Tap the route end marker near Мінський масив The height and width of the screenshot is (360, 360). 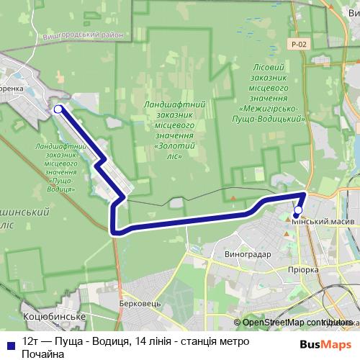pos(298,211)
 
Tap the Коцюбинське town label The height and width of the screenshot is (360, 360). pos(55,317)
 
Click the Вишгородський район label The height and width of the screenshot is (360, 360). pos(89,34)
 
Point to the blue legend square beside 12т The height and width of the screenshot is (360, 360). pos(10,341)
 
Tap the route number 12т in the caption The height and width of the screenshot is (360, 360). pos(30,341)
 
